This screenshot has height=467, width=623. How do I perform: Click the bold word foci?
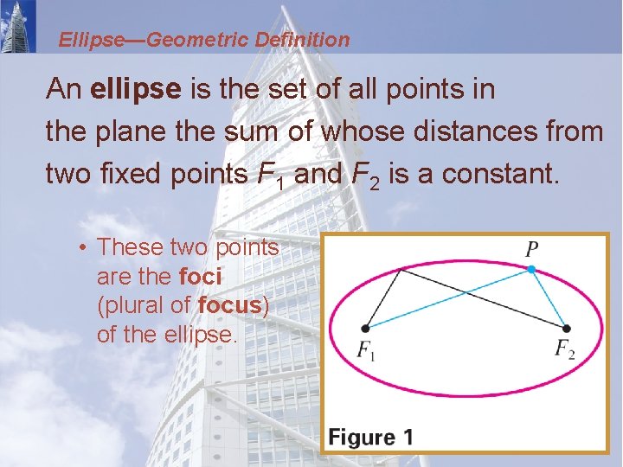(x=201, y=276)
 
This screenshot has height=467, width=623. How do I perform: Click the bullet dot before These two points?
(x=79, y=247)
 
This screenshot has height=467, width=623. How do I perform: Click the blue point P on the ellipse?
(x=532, y=270)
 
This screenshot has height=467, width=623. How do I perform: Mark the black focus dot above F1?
(x=366, y=328)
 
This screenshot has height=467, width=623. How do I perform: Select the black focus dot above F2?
(x=567, y=328)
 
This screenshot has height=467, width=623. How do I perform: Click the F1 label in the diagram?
(x=367, y=351)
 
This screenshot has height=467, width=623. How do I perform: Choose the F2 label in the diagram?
(x=564, y=350)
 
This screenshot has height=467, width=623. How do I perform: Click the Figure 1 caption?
(x=370, y=437)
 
